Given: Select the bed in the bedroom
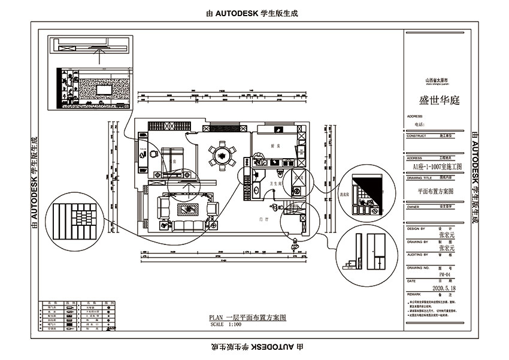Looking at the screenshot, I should [175, 157].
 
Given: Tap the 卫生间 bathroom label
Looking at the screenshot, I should [275, 184].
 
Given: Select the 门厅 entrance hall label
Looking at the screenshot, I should [263, 220].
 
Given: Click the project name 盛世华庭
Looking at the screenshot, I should [438, 100].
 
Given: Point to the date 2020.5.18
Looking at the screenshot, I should [444, 287].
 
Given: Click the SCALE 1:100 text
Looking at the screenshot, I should [226, 324].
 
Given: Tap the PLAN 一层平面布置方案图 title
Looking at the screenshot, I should [247, 317].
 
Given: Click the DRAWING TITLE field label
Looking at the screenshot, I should [419, 178].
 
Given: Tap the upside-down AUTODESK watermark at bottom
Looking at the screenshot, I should [254, 347].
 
